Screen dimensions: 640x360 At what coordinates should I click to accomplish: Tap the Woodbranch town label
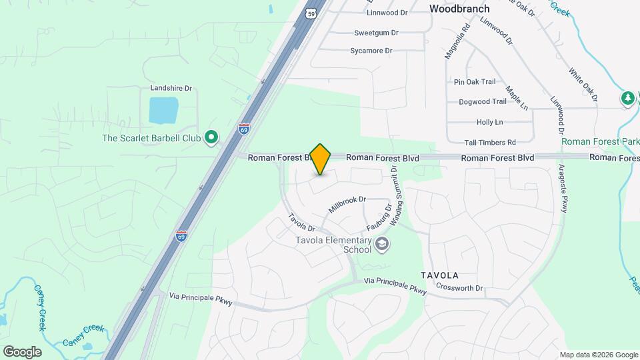(459, 9)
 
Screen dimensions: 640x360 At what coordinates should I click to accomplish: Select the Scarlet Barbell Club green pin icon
(211, 138)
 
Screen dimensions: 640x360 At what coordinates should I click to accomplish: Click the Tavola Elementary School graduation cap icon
(381, 244)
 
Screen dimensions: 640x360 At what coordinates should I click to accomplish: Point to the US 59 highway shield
(311, 13)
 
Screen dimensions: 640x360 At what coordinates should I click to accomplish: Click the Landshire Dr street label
(171, 88)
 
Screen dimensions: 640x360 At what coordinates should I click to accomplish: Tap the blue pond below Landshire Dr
(163, 111)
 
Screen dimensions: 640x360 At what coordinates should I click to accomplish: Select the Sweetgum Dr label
(376, 32)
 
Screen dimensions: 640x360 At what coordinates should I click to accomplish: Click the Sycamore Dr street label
(371, 50)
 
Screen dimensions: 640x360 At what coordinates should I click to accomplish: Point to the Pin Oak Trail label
(475, 82)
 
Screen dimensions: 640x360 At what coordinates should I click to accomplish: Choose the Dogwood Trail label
(483, 102)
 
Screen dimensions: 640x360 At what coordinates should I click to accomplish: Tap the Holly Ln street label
(489, 122)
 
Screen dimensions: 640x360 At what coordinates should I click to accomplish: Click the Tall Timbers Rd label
(491, 142)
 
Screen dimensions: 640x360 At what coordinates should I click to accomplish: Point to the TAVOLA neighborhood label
(439, 275)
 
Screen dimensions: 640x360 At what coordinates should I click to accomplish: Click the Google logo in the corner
(22, 352)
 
